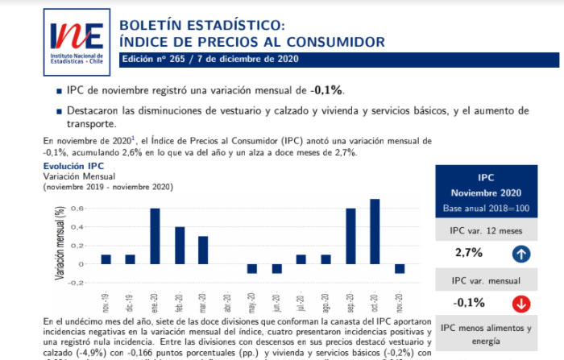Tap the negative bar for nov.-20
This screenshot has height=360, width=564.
400,268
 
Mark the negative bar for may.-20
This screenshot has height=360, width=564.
252,268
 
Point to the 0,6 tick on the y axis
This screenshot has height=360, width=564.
77,209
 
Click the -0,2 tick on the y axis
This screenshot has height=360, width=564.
77,283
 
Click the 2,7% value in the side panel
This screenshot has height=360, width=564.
469,253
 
